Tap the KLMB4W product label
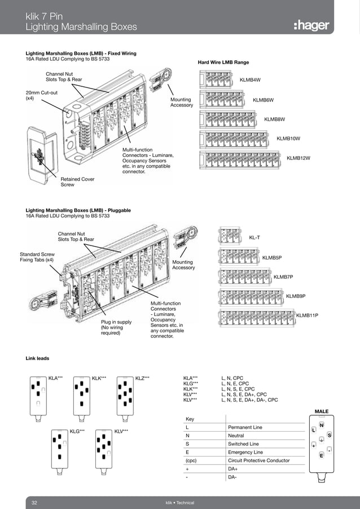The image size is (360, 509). pos(250,80)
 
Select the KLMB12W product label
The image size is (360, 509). pos(298,158)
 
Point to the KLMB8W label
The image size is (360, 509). pos(275,119)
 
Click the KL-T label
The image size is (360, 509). pos(254,238)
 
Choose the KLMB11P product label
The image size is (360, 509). pos(307,315)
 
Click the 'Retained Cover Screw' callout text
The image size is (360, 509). pos(77,182)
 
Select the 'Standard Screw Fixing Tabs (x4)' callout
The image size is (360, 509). pos(37,257)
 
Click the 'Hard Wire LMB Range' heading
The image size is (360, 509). pos(223,62)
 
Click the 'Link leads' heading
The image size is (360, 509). pos(37,358)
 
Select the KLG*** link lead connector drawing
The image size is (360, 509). pos(59,451)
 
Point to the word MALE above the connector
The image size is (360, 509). pos(321,412)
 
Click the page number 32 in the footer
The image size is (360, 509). pos(34,502)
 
